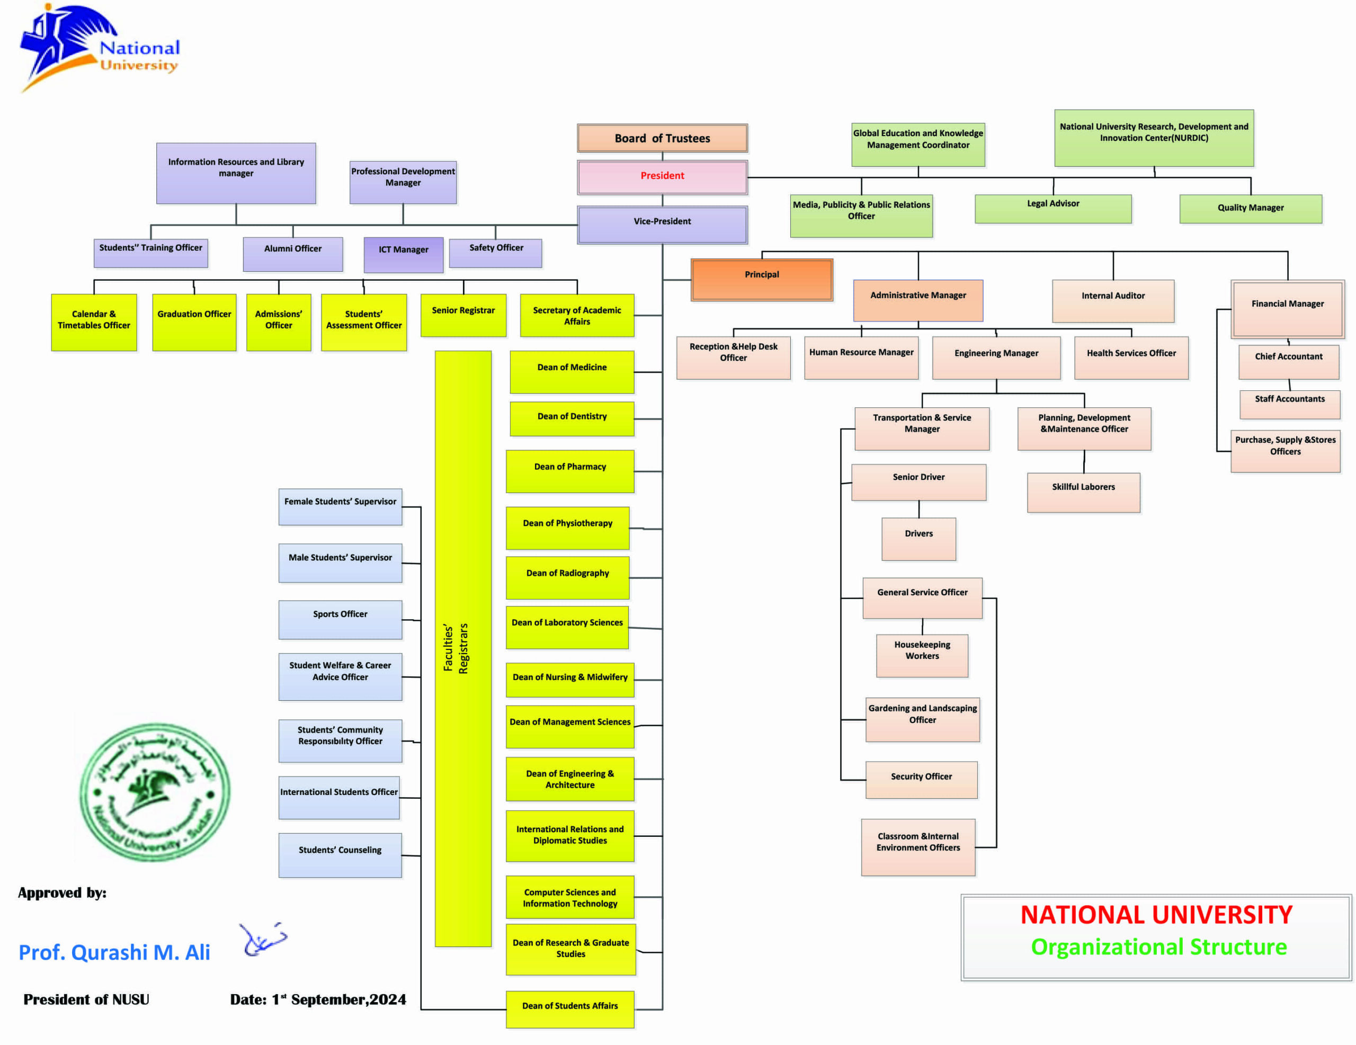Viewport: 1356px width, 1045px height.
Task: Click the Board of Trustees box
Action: (x=662, y=138)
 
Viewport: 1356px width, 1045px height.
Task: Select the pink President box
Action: (x=662, y=176)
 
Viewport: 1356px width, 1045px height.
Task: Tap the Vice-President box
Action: (x=662, y=224)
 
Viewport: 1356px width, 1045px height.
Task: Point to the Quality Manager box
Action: (x=1250, y=208)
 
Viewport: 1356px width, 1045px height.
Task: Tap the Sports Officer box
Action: (x=340, y=619)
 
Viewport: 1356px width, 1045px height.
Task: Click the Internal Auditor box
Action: (x=1113, y=300)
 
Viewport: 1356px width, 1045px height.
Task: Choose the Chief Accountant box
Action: (x=1288, y=361)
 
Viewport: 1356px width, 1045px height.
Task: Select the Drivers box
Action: (x=918, y=538)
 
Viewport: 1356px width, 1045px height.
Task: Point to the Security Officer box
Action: (x=921, y=779)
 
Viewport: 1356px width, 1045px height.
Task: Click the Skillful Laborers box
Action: (x=1083, y=491)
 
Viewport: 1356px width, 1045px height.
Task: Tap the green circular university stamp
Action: (x=155, y=791)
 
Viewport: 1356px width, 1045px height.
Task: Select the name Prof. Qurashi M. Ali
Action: (x=114, y=952)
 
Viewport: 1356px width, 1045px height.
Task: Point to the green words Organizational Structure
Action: (x=1158, y=947)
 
